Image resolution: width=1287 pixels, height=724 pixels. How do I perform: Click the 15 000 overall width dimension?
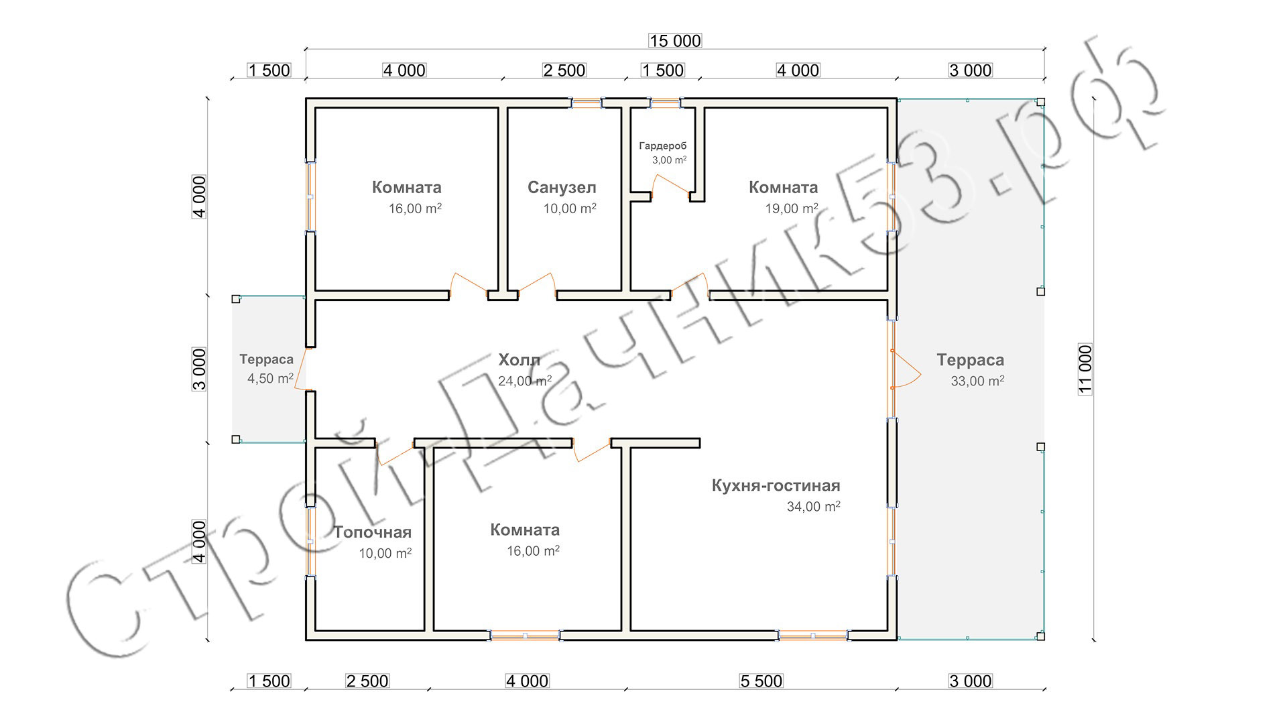pos(675,41)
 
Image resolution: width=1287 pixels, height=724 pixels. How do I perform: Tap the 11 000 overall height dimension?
pos(1086,369)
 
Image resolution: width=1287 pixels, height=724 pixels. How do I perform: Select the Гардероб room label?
pos(663,145)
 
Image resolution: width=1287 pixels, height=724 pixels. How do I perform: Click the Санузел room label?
pos(562,188)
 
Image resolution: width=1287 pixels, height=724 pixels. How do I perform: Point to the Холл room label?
pos(519,360)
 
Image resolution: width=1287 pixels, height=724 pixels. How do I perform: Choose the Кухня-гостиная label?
pos(776,485)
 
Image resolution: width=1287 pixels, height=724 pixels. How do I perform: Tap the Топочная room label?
pos(373,532)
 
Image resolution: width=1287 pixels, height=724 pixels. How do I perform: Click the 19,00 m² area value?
pos(792,208)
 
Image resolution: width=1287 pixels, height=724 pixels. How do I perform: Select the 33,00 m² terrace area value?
pos(977,381)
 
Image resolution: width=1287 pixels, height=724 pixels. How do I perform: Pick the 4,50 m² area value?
pos(270,378)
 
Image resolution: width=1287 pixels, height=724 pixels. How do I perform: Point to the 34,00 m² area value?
pos(813,506)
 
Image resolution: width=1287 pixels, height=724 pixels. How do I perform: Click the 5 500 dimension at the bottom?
pos(761,681)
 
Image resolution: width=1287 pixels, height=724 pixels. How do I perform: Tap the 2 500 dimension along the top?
pos(564,70)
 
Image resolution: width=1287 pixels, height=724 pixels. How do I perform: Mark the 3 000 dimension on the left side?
pos(200,369)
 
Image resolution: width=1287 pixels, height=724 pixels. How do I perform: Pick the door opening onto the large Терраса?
pos(905,369)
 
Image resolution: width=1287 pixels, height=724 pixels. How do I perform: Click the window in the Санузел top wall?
pos(587,103)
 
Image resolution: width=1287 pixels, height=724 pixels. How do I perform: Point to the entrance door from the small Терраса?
pos(302,369)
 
